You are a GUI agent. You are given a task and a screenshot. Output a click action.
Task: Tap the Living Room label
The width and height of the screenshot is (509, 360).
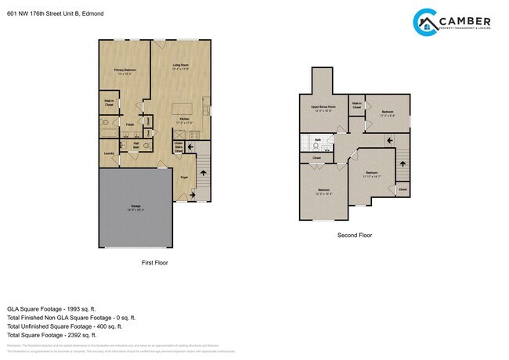[x=182, y=65]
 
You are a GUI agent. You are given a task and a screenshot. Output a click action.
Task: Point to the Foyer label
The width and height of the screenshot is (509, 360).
[x=185, y=178]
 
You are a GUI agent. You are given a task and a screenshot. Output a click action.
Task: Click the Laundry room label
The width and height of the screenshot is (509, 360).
[x=108, y=153]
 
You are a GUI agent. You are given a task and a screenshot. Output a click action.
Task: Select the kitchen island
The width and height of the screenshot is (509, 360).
[x=185, y=107]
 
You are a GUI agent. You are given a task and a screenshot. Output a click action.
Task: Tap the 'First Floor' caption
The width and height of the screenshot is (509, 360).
[x=155, y=262]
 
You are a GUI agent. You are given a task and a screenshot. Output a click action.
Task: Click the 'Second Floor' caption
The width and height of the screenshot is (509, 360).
[x=355, y=235]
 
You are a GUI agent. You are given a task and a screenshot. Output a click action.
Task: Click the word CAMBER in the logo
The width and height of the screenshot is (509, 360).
[x=465, y=20]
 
